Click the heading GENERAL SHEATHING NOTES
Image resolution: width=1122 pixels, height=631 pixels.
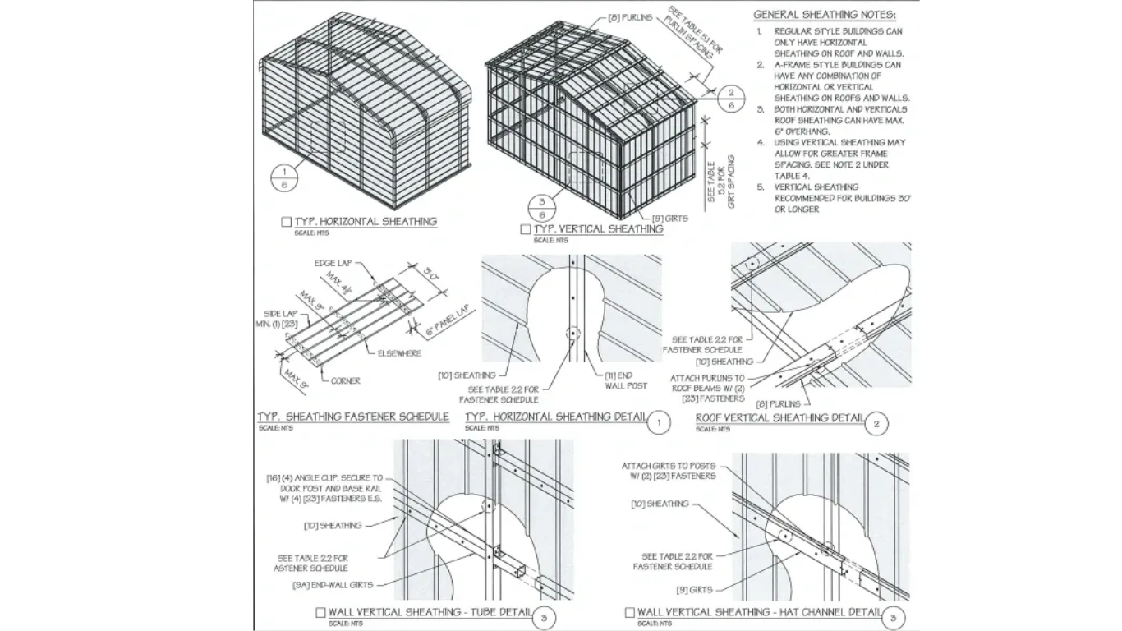[825, 15]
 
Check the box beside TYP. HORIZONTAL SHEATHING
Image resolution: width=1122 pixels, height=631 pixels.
[286, 222]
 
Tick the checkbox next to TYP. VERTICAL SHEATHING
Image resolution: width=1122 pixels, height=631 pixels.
[525, 229]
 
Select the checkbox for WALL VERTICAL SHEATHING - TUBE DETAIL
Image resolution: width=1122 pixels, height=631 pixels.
[320, 612]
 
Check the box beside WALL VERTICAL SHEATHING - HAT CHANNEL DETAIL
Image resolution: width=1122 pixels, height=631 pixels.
[629, 612]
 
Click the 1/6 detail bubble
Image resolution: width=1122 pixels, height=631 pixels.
[283, 177]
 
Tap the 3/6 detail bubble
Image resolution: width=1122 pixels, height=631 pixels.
[542, 209]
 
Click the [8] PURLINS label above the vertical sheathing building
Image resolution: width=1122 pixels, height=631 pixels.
[630, 16]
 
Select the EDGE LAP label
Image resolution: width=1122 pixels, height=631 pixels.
[332, 263]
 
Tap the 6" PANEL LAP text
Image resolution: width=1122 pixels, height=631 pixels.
[448, 322]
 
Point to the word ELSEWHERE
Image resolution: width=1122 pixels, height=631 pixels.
[399, 353]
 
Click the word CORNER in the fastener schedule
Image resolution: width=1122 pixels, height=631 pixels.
[346, 380]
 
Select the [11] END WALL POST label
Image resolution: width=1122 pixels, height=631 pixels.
[626, 380]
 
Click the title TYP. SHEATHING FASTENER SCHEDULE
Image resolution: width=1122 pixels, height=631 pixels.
[353, 417]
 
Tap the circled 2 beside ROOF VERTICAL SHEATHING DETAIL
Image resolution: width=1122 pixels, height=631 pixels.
[876, 423]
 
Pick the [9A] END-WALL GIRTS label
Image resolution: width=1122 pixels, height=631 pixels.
[332, 585]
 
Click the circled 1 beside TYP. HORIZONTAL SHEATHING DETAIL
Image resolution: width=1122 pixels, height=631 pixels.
[659, 423]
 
